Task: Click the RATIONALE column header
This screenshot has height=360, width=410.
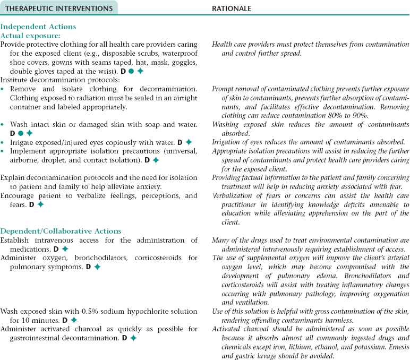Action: (232, 8)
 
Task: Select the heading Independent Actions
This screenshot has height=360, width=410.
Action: (38, 27)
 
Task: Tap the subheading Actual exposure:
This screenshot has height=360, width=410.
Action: (30, 35)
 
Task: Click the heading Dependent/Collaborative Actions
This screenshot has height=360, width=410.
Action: (61, 231)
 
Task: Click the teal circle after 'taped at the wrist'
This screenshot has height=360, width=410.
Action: (131, 71)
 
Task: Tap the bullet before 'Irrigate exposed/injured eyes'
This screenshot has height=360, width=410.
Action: (3, 142)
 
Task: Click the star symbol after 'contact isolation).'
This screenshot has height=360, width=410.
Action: (156, 160)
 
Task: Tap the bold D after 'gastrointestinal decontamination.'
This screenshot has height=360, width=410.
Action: (124, 338)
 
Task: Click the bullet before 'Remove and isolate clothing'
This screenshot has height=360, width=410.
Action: (3, 89)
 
